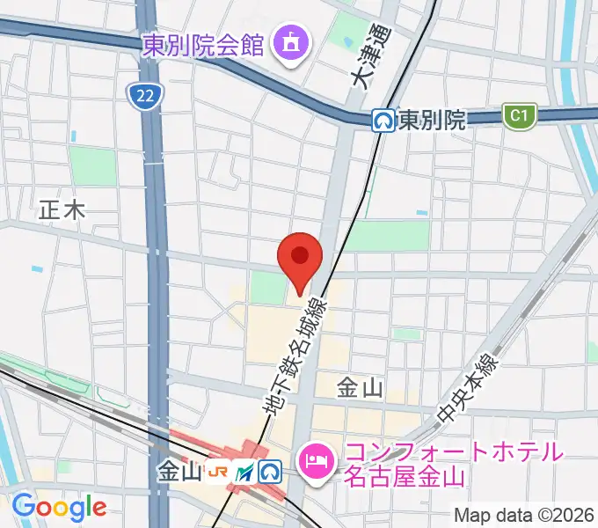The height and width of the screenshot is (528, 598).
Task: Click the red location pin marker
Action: pyautogui.click(x=300, y=259)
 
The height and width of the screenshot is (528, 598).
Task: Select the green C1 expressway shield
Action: pyautogui.click(x=519, y=115)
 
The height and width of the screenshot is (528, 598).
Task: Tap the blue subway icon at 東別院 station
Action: pyautogui.click(x=383, y=121)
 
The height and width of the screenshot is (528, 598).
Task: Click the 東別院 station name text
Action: pyautogui.click(x=431, y=121)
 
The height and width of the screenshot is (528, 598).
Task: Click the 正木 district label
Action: pyautogui.click(x=62, y=209)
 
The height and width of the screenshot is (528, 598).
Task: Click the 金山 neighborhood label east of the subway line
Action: pyautogui.click(x=359, y=386)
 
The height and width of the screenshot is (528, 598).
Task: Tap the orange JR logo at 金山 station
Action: pyautogui.click(x=218, y=473)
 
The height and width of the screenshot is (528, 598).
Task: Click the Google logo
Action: pyautogui.click(x=59, y=507)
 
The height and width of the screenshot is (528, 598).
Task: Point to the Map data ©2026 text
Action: pyautogui.click(x=523, y=516)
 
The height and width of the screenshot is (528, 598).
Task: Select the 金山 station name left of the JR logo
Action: pyautogui.click(x=180, y=473)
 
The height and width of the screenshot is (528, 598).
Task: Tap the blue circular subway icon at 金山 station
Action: pyautogui.click(x=270, y=473)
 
